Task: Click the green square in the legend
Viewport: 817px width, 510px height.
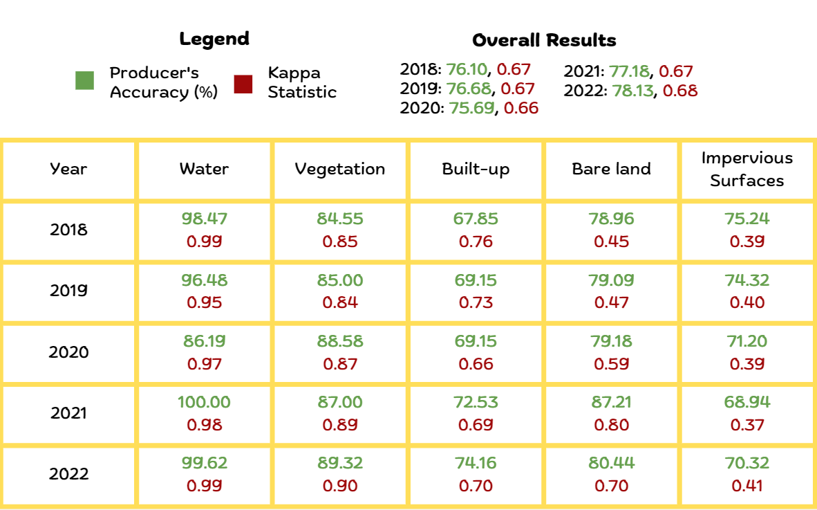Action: (x=84, y=81)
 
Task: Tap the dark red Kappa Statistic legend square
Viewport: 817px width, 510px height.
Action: (x=243, y=84)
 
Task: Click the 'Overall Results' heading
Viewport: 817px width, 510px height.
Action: (x=544, y=40)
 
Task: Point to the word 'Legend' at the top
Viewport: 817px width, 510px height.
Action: (x=214, y=39)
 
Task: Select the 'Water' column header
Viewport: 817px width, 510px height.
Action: (x=204, y=169)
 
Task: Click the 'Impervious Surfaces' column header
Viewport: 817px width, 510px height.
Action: (x=746, y=170)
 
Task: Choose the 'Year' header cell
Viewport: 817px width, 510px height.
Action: (x=68, y=169)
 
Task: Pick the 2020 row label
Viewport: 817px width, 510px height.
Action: (x=68, y=352)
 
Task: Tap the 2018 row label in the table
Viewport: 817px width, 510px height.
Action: (x=68, y=230)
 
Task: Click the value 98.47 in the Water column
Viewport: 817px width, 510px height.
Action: (x=204, y=219)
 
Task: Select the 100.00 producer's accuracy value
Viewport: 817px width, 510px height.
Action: (x=204, y=402)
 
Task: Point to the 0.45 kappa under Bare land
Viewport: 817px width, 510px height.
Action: (x=612, y=242)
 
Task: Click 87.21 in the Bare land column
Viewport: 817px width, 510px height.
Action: (x=612, y=402)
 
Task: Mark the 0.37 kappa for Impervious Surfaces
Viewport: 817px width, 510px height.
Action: (x=746, y=424)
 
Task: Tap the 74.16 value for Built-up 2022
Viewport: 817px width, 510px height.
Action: (x=476, y=463)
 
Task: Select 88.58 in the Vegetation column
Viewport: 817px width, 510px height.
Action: (x=340, y=341)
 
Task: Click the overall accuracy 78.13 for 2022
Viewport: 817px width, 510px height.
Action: (x=632, y=91)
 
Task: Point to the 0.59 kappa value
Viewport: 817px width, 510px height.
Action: (x=612, y=363)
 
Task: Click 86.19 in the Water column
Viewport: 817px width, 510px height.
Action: (x=204, y=341)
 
